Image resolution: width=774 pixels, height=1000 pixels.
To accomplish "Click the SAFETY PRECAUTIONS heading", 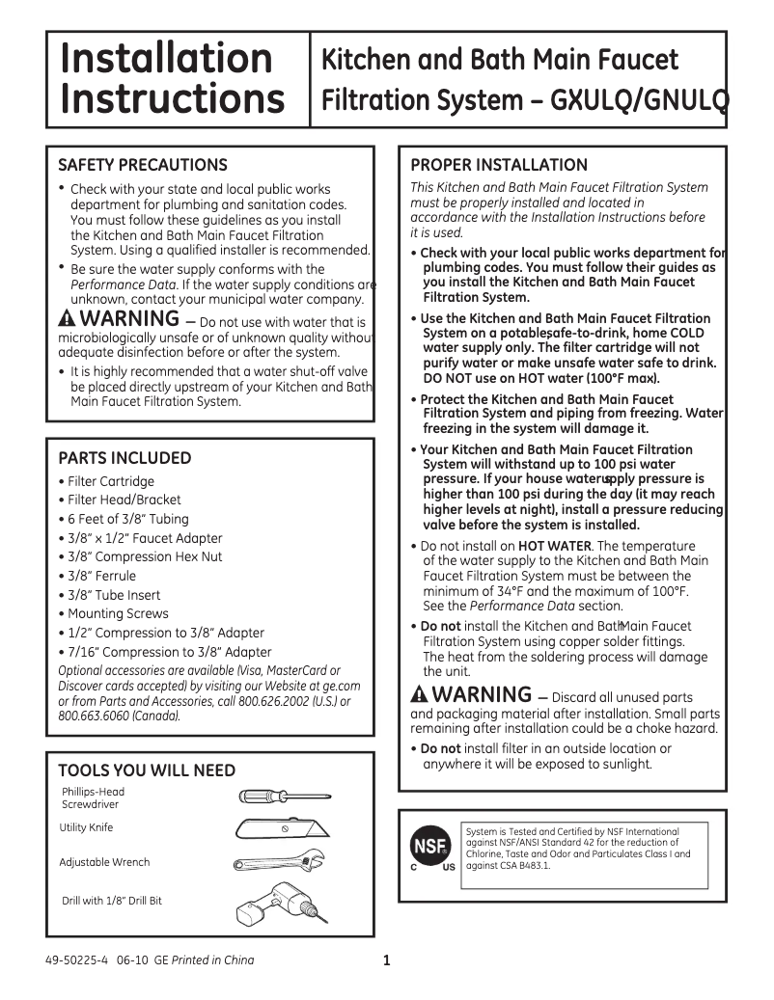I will pyautogui.click(x=143, y=165).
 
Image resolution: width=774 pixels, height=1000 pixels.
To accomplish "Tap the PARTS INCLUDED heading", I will pyautogui.click(x=124, y=458).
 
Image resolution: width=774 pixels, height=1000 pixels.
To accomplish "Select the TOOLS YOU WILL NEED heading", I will pyautogui.click(x=147, y=770).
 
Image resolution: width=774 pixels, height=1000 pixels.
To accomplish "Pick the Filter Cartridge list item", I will pyautogui.click(x=111, y=481).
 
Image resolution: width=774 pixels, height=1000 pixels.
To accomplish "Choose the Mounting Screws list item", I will pyautogui.click(x=118, y=613).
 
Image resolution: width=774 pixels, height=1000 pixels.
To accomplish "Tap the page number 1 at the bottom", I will pyautogui.click(x=386, y=960).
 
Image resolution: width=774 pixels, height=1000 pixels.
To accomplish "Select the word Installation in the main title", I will pyautogui.click(x=166, y=58).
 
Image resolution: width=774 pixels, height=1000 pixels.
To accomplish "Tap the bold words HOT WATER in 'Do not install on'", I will pyautogui.click(x=554, y=546).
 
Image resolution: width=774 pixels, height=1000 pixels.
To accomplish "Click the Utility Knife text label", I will pyautogui.click(x=86, y=827).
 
